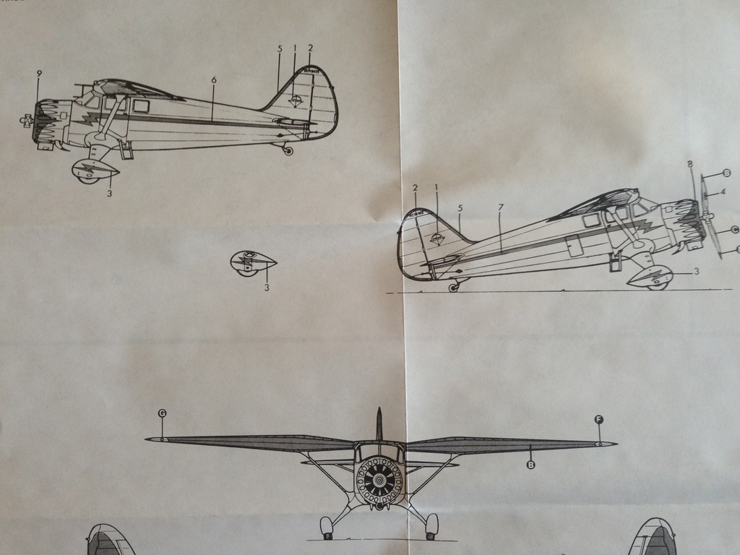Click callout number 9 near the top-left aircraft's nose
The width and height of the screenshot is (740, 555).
coord(39,74)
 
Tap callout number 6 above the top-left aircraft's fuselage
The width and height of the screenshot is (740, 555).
coord(214,79)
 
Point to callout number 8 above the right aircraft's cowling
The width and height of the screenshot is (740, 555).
coord(690,165)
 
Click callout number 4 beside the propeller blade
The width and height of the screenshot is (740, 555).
coord(722,192)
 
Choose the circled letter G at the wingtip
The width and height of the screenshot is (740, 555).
coord(162,413)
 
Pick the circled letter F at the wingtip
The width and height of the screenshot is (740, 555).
coord(598,419)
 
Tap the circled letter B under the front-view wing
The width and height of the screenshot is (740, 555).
coord(531,465)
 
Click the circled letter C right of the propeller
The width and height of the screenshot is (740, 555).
coord(734,231)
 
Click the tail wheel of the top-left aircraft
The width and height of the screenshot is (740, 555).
coord(288,151)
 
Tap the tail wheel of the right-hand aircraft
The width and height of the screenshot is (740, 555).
coord(453,288)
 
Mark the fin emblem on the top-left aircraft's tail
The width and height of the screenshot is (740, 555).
coord(295,100)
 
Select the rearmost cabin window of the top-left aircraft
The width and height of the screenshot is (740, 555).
coord(141,106)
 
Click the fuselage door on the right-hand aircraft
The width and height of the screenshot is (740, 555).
coord(575,246)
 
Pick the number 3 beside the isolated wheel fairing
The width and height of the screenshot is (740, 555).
coord(267,288)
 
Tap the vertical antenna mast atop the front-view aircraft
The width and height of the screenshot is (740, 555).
coord(379,423)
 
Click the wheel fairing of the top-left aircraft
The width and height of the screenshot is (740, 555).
coord(95,171)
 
